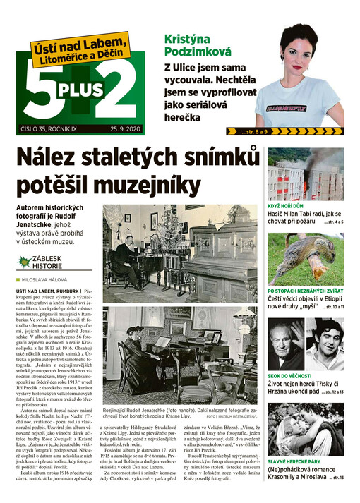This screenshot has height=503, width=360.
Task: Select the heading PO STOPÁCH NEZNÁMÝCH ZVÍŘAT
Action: click(305, 291)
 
